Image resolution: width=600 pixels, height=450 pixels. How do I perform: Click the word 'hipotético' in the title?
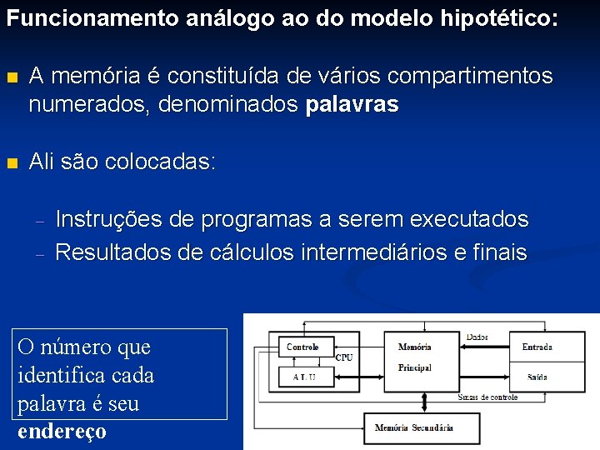point(492,17)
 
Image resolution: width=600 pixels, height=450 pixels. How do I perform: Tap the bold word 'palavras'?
point(352,105)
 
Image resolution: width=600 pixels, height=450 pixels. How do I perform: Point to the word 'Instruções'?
point(108,219)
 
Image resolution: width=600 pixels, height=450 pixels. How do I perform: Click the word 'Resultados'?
point(112,252)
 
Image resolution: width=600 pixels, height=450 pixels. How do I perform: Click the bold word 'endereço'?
point(62,432)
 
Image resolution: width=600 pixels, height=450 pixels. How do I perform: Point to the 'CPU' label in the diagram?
point(344,357)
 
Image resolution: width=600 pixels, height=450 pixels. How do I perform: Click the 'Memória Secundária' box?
point(413,428)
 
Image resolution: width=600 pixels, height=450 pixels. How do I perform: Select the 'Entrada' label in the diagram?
point(537,347)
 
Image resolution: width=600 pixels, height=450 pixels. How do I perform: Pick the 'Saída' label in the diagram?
point(537,377)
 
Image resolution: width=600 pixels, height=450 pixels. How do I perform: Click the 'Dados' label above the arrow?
point(477,337)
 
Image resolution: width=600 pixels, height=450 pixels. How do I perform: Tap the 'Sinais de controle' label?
point(487,397)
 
